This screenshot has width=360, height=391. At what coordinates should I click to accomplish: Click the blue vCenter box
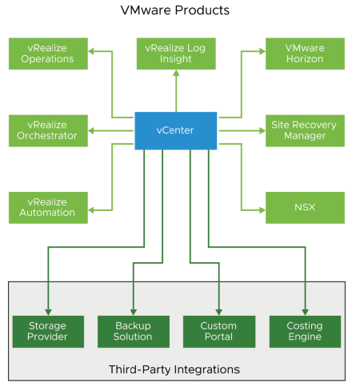(x=175, y=130)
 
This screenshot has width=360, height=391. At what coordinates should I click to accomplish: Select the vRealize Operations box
(x=48, y=53)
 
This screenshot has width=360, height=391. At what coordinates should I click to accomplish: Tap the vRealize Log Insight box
(x=175, y=53)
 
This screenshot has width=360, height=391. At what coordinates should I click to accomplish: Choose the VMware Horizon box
(x=305, y=53)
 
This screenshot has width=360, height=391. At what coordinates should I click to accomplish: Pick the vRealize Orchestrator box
(x=48, y=130)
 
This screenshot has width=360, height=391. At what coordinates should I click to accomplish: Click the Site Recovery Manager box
(x=305, y=130)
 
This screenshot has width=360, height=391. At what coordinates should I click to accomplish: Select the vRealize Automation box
(x=48, y=207)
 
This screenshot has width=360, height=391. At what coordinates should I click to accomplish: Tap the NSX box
(x=305, y=207)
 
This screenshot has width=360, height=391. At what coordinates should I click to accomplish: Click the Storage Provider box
(x=48, y=331)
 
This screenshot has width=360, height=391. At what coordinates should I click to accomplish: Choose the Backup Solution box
(x=134, y=331)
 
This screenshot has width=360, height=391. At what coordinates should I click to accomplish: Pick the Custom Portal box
(x=218, y=331)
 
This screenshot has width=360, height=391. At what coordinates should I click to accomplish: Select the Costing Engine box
(x=305, y=331)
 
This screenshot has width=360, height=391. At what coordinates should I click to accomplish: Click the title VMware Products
(x=175, y=10)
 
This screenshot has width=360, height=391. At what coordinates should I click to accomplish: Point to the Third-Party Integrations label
(x=174, y=369)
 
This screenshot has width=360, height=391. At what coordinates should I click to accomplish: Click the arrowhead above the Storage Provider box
(x=48, y=310)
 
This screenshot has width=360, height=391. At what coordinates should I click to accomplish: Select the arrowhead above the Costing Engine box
(x=305, y=310)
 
